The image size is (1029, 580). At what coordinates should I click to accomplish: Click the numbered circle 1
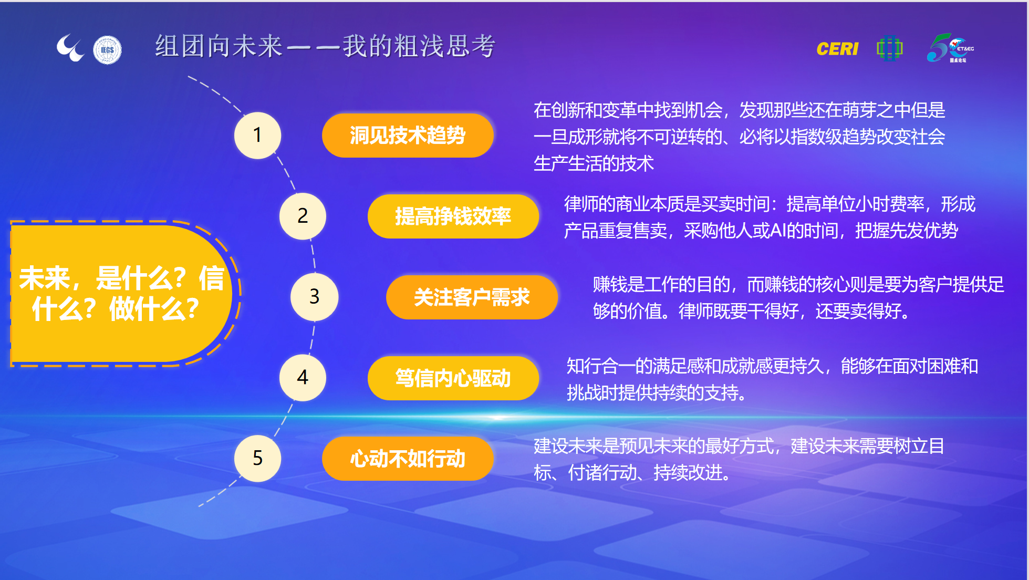click(257, 135)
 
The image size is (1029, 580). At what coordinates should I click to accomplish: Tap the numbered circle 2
click(303, 216)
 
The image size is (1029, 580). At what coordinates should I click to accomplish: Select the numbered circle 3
click(314, 297)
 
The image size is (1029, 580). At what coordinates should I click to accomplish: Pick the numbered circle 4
click(303, 377)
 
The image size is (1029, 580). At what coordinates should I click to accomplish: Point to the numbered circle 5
click(257, 458)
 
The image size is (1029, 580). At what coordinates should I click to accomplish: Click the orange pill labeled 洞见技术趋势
click(408, 136)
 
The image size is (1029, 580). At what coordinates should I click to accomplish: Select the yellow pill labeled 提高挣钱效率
click(453, 216)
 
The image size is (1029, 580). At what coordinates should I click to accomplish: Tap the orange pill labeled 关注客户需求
click(472, 297)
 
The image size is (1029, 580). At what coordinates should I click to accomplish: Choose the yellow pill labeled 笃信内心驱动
click(453, 378)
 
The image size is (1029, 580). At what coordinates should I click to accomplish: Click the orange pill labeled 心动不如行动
click(408, 459)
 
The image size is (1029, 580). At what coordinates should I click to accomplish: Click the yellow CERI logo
click(837, 49)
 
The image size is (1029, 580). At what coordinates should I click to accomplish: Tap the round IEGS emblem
click(107, 50)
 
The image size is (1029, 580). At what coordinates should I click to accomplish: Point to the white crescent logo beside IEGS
click(70, 48)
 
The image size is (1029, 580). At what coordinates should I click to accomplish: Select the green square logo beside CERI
click(890, 49)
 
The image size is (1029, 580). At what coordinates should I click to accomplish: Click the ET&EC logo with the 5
click(950, 48)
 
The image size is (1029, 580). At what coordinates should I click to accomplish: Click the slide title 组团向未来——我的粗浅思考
click(325, 46)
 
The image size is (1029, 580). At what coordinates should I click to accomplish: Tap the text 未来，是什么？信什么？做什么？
click(121, 293)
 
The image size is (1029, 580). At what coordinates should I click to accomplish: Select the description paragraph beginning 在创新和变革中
click(740, 137)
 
